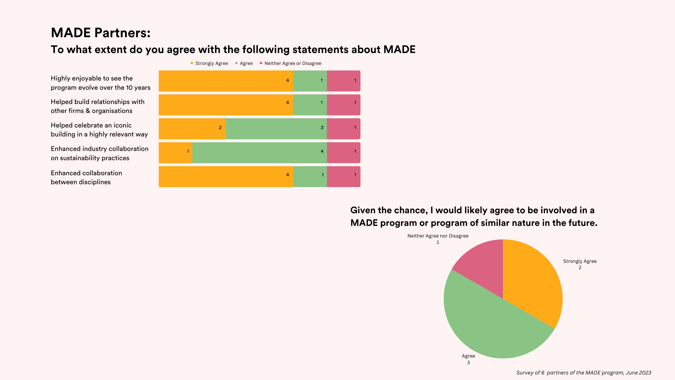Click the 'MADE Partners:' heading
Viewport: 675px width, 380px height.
pos(100,33)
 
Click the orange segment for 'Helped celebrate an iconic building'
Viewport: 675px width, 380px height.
pos(192,129)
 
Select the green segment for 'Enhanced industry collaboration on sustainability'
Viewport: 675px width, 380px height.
pos(259,153)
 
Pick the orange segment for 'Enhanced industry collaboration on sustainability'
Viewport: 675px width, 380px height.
pos(175,153)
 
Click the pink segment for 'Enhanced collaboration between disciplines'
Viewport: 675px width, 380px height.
pos(344,177)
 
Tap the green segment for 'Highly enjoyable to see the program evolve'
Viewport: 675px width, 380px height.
pos(310,81)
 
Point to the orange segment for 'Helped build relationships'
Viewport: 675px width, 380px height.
pos(226,105)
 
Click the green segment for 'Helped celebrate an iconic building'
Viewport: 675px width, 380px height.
pos(276,129)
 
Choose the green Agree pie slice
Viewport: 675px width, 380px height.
pos(488,325)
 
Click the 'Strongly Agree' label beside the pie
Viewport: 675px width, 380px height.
pos(580,261)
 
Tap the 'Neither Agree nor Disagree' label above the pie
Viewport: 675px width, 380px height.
pos(438,236)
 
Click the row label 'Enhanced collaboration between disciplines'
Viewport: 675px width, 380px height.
pos(86,177)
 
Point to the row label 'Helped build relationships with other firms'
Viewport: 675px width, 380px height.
pos(98,106)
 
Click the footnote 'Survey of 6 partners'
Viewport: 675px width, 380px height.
pos(584,373)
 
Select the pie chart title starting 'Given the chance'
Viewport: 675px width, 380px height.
pos(474,216)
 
